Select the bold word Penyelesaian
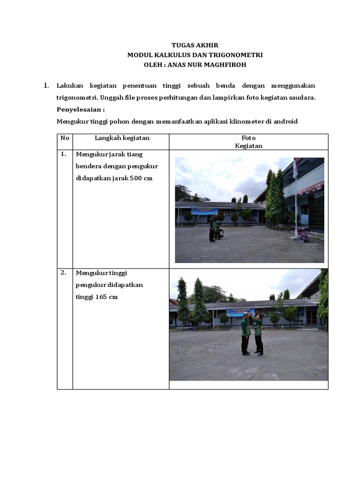79,110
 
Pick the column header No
65,138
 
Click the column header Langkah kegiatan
122,138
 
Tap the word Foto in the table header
248,138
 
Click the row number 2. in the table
64,272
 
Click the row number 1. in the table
64,154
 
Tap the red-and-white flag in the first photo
295,168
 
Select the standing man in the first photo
212,228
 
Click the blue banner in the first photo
204,211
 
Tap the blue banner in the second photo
240,312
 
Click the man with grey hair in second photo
246,334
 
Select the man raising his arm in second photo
258,334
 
